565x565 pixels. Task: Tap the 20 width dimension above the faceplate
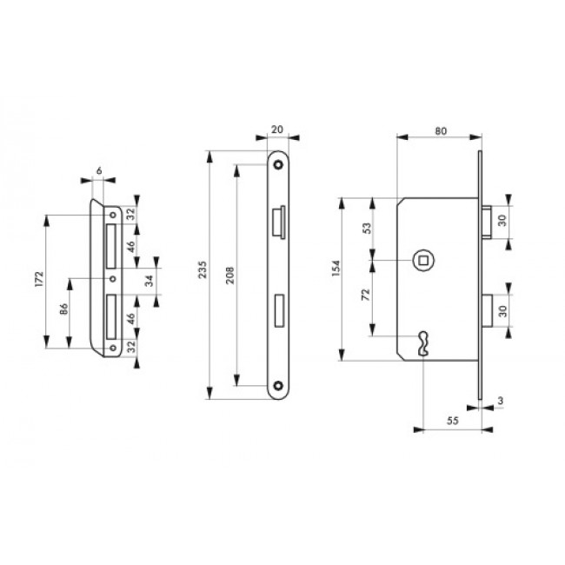278,128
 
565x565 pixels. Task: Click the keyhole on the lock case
422,342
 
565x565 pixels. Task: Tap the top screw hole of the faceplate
277,163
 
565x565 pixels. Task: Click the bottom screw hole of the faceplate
277,385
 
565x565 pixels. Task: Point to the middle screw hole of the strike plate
113,279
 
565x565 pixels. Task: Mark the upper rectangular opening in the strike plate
111,246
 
